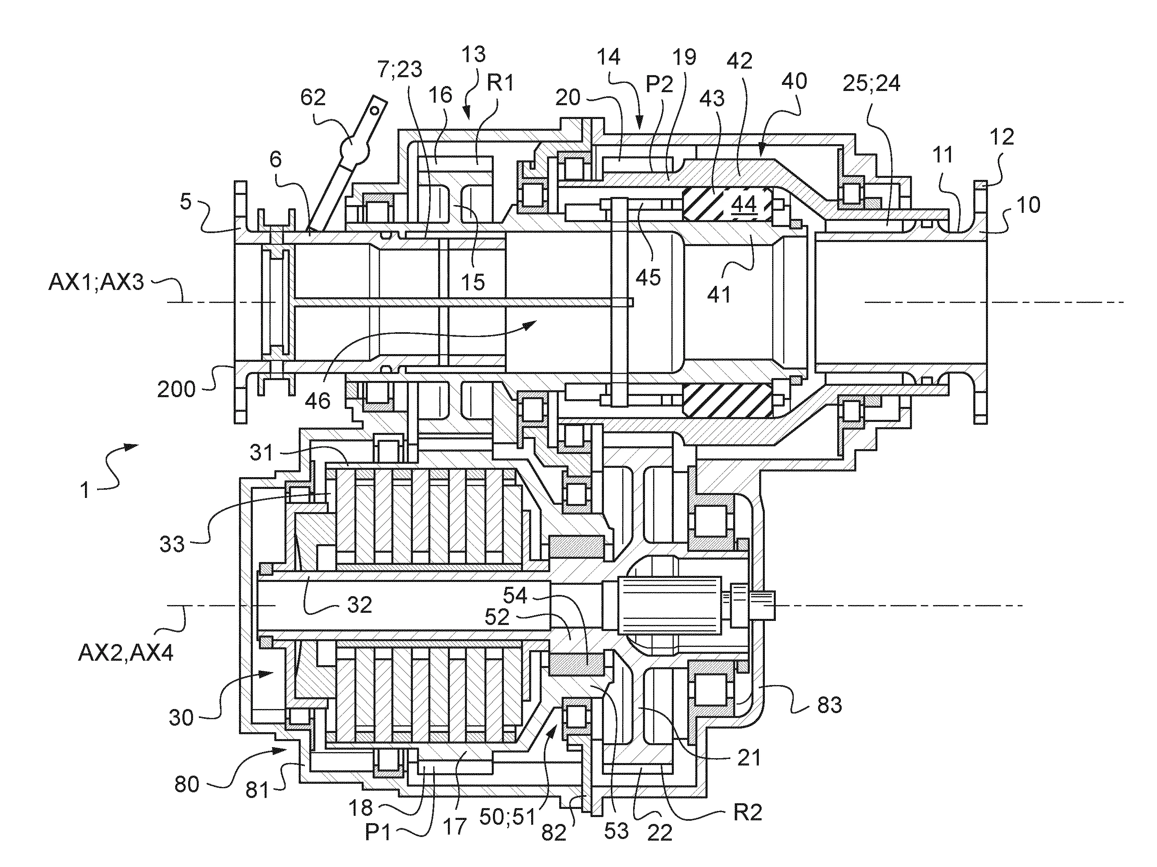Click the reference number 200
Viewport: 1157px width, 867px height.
(x=176, y=390)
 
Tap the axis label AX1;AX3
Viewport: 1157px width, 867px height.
(x=96, y=283)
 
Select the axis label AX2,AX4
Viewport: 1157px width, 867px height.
(x=126, y=653)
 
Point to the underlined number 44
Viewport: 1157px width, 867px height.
(x=744, y=204)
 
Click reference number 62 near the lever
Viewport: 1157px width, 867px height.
(x=313, y=97)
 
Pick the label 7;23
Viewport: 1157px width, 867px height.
(x=399, y=69)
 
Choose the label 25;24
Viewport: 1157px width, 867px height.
(x=871, y=83)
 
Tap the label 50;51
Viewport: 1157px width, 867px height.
(x=507, y=816)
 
